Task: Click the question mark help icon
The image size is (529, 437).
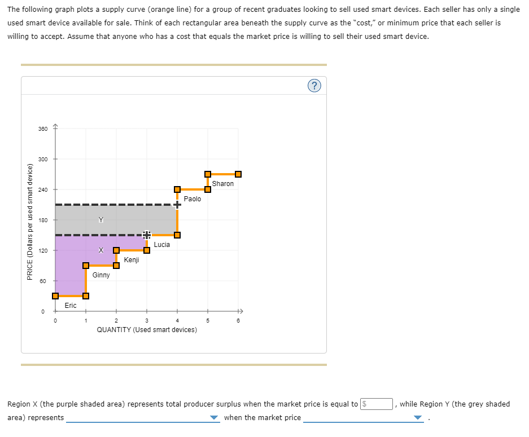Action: coord(314,86)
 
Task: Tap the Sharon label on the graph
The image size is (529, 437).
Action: coord(223,184)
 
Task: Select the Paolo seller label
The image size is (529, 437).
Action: coord(193,199)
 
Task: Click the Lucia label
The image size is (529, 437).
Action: coord(161,245)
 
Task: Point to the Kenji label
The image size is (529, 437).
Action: coord(132,260)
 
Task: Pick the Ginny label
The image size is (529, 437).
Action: coord(101,275)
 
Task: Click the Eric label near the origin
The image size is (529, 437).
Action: coord(71,306)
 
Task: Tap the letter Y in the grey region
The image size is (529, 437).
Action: coord(101,219)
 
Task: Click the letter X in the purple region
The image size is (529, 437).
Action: coord(101,250)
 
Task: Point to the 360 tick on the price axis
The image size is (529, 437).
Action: coord(43,129)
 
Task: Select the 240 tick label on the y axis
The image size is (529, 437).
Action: coord(43,189)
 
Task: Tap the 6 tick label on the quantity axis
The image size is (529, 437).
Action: coord(238,321)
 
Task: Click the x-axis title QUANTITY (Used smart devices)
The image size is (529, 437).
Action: coord(147,330)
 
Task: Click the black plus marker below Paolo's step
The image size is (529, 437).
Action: coord(177,205)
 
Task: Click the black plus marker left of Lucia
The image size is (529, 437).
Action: coord(146,235)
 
